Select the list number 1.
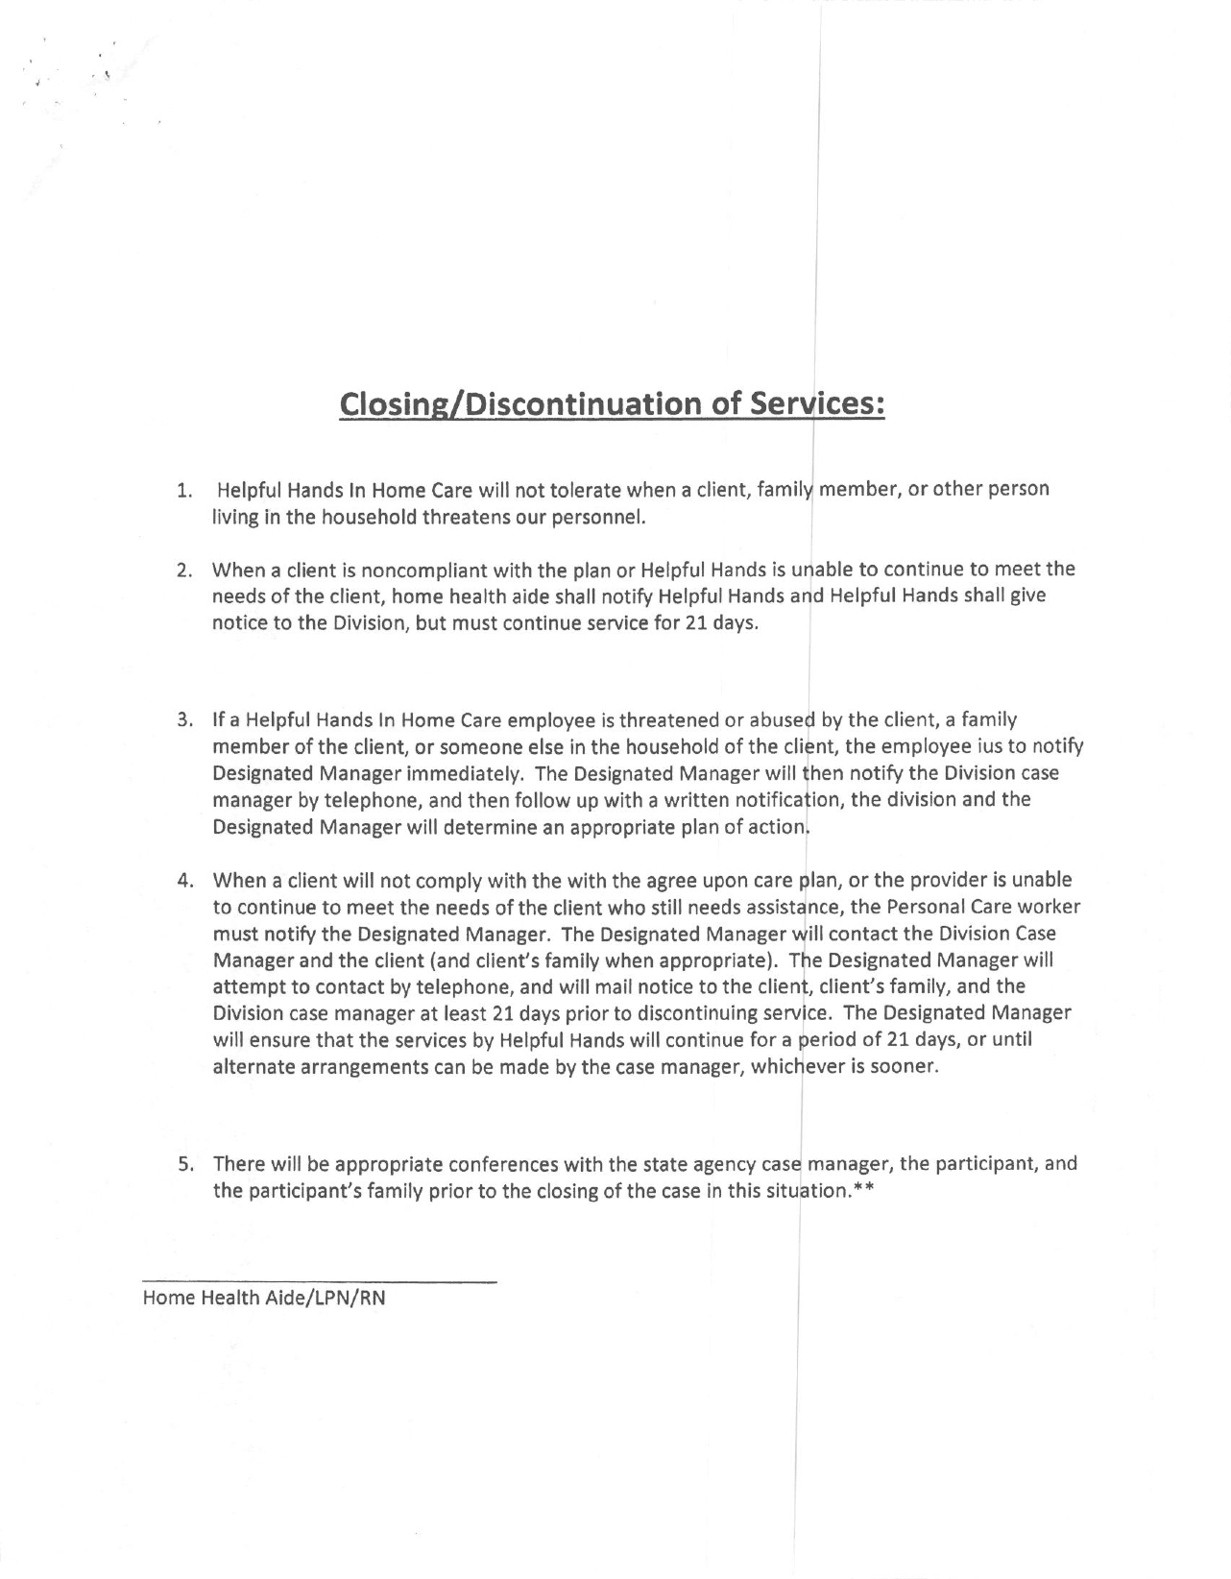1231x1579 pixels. (182, 491)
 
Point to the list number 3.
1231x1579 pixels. (182, 720)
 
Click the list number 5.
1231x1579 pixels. (182, 1165)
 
